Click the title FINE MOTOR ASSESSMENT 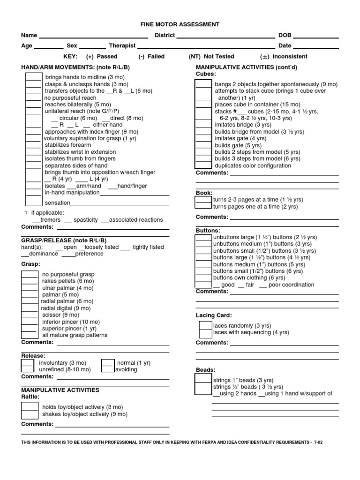coord(180,24)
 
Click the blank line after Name coord(93,36)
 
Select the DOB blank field coord(315,36)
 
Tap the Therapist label coord(122,46)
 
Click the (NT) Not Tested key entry coord(211,56)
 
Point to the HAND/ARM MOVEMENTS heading coord(75,67)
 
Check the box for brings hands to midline coord(33,77)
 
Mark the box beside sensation coord(33,202)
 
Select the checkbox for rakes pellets coord(30,281)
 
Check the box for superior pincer coord(30,329)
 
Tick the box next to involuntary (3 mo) coord(27,363)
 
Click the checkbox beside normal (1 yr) coord(108,363)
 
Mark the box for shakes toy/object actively coord(30,414)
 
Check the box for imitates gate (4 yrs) coord(203,138)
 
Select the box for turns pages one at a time coord(203,206)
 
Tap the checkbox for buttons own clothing coord(203,277)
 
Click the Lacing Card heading coord(214,315)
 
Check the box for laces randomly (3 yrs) coord(205,325)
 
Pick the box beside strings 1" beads coord(203,380)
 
